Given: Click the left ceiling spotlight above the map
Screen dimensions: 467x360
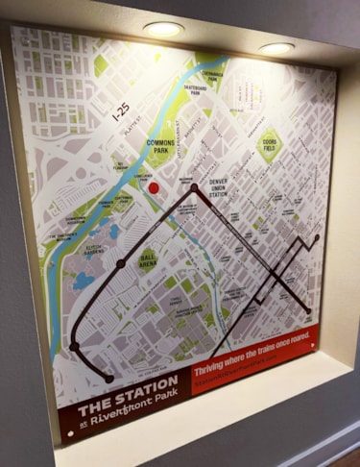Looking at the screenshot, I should pos(163,29).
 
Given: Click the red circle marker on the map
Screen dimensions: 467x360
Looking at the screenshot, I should pos(153,189).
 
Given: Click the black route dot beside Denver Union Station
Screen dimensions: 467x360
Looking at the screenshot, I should pos(195,188).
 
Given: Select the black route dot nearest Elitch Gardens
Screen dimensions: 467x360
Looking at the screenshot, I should pos(121,262).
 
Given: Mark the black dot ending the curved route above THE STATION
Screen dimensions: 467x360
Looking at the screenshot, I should pos(108,379).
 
